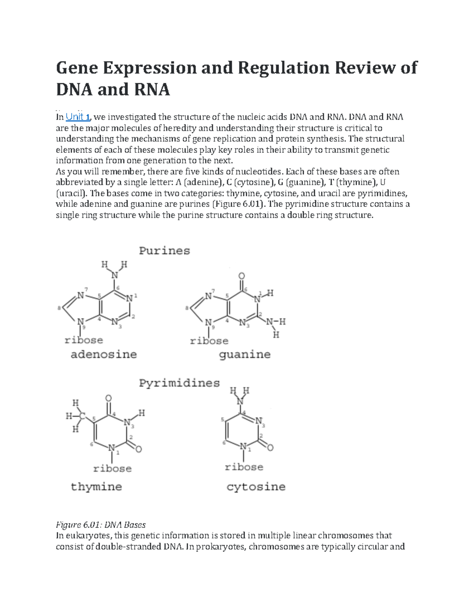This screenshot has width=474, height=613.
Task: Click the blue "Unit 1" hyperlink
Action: coord(78,117)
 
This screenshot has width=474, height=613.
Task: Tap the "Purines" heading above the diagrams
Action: coord(164,251)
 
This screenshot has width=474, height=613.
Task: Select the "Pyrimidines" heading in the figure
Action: coord(179,383)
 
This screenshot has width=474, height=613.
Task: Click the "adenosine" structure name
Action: coord(103,354)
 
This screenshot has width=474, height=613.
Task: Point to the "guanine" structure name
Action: coord(245,355)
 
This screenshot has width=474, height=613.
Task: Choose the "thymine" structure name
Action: coord(96,487)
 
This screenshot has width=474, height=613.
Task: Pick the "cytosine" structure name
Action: coord(256,487)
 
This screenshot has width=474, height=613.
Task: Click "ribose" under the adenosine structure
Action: coord(84,340)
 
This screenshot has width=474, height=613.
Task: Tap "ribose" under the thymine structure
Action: coord(112,469)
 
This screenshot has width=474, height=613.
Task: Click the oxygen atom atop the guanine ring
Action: coord(242,276)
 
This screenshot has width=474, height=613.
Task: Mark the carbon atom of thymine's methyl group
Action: coord(82,416)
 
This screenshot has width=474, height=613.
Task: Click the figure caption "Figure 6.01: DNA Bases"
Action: coord(101,525)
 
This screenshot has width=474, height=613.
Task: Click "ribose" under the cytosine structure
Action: coord(244,467)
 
